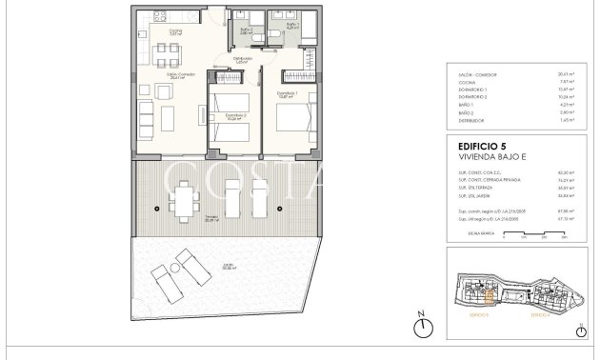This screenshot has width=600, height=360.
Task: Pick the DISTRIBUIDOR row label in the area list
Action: tap(471, 121)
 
